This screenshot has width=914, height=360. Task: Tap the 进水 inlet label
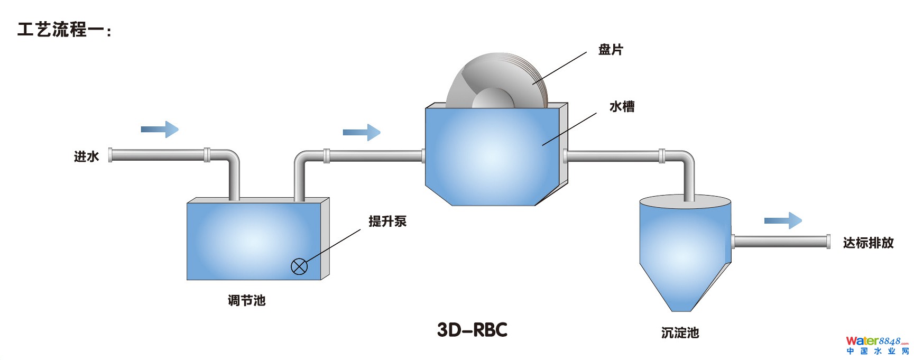click(86, 156)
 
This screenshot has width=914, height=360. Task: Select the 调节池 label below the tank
click(246, 300)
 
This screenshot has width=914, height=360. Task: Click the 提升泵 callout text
click(387, 221)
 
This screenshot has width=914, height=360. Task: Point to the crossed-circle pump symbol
click(299, 266)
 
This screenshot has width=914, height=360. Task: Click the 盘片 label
click(611, 50)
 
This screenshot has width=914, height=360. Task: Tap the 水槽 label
click(622, 107)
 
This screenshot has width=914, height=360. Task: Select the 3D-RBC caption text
click(472, 330)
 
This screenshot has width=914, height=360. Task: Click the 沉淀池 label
click(680, 333)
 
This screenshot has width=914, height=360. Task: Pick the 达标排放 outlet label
click(868, 243)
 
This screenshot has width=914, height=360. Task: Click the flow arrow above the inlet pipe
click(160, 129)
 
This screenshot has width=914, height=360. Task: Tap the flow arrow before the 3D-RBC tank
click(362, 132)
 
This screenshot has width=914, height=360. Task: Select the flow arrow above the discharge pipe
click(783, 220)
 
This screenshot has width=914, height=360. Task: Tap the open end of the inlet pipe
click(110, 155)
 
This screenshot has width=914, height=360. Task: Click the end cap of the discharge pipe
click(828, 242)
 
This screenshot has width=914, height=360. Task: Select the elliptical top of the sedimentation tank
click(685, 201)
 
